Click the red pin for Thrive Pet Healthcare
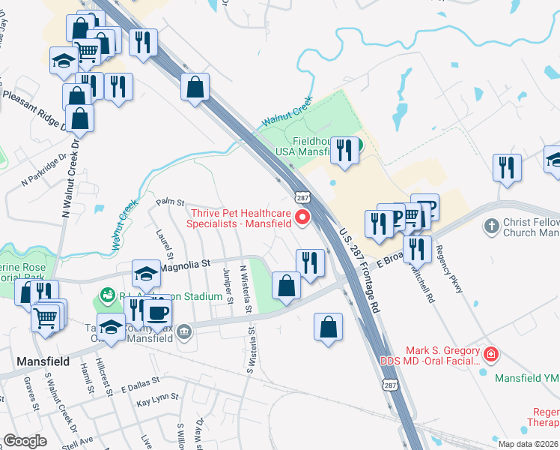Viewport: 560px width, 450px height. pos(303,217)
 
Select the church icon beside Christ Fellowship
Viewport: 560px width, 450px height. pos(491,226)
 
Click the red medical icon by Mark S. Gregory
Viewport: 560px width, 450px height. pos(490,353)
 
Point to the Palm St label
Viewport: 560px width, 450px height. pos(170,202)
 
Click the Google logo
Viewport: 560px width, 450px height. pos(25,440)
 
